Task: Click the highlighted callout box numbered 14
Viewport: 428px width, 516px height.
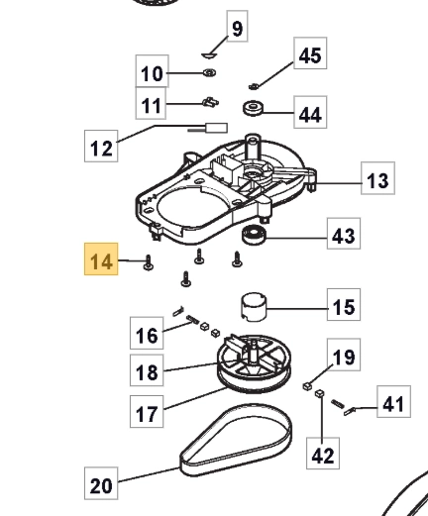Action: pyautogui.click(x=101, y=259)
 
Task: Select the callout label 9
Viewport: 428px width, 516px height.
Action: pyautogui.click(x=238, y=26)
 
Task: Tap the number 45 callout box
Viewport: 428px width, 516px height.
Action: pyautogui.click(x=310, y=53)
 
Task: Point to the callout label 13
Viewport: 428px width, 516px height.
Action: pyautogui.click(x=377, y=178)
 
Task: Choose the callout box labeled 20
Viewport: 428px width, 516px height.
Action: pyautogui.click(x=101, y=483)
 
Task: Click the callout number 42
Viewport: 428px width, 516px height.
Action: pyautogui.click(x=323, y=454)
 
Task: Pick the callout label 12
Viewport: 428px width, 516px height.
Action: pyautogui.click(x=101, y=146)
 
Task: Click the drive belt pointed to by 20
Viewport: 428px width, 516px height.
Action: pyautogui.click(x=237, y=440)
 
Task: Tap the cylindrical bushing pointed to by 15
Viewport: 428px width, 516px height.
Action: pyautogui.click(x=254, y=307)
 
